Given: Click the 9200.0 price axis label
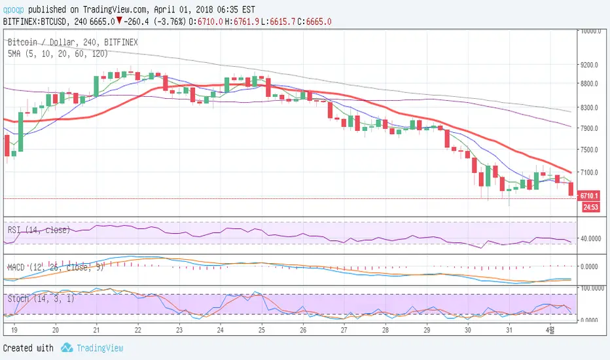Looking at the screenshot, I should (x=591, y=65).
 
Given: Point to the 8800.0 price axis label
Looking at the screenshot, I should (x=591, y=83).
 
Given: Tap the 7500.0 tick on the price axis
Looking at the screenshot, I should (x=591, y=149).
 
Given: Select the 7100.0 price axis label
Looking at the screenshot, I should (x=591, y=172).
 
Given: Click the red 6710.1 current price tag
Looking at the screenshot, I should (x=590, y=196).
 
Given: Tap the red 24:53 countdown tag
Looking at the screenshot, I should (x=590, y=207).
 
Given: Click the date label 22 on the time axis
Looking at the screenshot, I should (x=138, y=331).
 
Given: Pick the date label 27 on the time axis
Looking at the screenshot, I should (x=344, y=331).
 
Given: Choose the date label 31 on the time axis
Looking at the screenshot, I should (x=509, y=331).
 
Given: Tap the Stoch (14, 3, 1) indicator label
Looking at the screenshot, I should (x=37, y=299).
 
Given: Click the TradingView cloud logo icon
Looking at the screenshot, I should (x=67, y=348).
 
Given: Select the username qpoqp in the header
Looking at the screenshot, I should (x=14, y=10).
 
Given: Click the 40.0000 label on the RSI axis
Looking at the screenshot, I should (x=591, y=238).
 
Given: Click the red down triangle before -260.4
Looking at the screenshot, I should (x=118, y=21).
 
